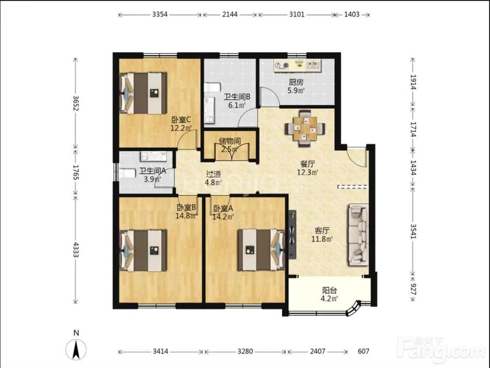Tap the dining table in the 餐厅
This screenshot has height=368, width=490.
(305, 128)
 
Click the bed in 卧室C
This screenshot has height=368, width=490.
(143, 93)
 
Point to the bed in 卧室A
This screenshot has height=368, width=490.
(261, 250)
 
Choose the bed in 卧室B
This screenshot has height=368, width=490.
(143, 251)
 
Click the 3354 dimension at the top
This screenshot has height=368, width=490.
(160, 14)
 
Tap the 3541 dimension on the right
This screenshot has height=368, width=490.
(413, 231)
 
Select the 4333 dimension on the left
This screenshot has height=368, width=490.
(75, 249)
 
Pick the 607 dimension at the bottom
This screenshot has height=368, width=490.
(364, 351)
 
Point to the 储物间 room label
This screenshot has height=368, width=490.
(230, 140)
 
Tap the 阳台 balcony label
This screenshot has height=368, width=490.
(329, 290)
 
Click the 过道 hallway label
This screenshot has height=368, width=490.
(214, 174)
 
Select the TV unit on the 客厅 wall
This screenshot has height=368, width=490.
(292, 234)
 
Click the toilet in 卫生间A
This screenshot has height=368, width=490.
(127, 173)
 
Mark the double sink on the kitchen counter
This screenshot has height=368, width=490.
(313, 65)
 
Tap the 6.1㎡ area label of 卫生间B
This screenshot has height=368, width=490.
(237, 105)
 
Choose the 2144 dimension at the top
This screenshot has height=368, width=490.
(230, 14)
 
